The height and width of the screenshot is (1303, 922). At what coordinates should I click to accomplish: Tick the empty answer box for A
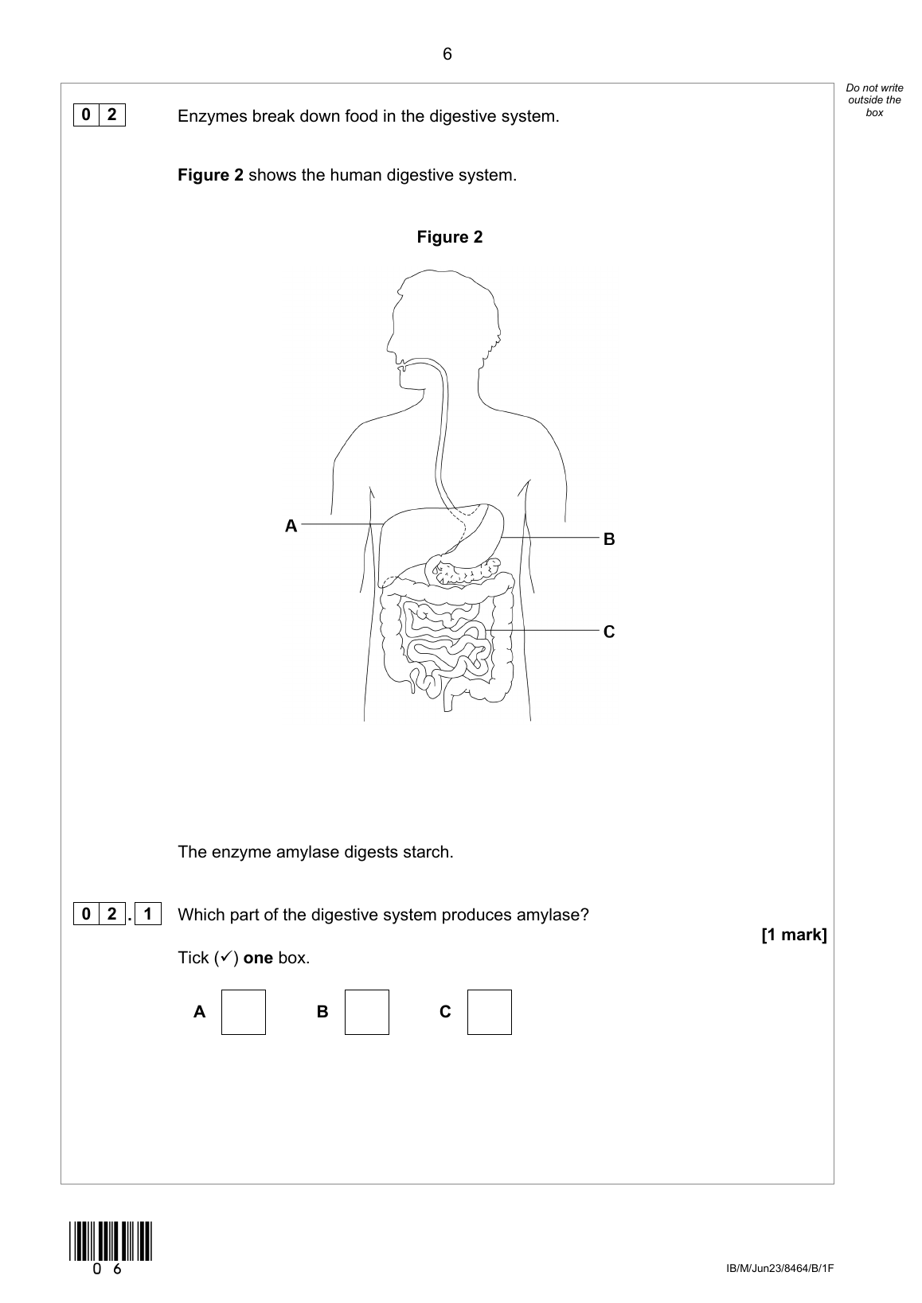coord(243,1012)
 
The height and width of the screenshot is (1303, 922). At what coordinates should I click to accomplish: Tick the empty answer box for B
coord(366,1012)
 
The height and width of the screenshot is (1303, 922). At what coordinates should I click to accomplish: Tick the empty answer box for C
coord(489,1012)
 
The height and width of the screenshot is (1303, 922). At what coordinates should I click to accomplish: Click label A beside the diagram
coord(291,526)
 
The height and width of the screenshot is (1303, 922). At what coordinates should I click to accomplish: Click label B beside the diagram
coord(609,539)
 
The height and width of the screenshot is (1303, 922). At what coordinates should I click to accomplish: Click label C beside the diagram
coord(609,632)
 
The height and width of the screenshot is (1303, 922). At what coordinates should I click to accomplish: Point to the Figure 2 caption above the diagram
coord(449,237)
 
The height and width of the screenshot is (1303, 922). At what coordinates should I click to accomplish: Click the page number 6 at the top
coord(447,54)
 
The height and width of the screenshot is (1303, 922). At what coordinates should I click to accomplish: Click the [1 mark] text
coord(794,935)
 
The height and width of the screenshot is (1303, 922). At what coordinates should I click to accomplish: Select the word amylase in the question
coord(556,915)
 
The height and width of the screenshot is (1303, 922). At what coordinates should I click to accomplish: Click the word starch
coord(428,852)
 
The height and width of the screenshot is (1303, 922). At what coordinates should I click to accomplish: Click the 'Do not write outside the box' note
coord(874,100)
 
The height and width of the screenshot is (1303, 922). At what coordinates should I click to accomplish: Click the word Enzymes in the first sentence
coord(213,116)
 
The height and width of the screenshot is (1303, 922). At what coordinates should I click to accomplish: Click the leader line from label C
coord(549,630)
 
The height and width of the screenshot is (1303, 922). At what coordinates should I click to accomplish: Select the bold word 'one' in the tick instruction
coord(258,958)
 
